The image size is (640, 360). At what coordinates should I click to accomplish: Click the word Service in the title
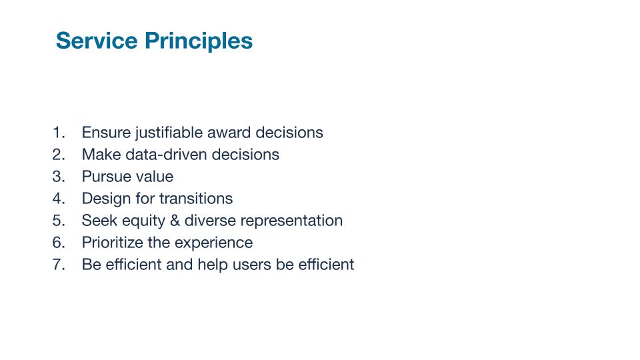pos(97,41)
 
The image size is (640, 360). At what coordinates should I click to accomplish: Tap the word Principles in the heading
pos(199,41)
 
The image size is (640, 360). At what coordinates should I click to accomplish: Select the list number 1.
pos(59,133)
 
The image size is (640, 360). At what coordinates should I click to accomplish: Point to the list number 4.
pos(59,199)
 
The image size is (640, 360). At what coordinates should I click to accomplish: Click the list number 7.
pos(59,265)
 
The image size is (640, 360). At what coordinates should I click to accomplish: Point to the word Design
pos(106,199)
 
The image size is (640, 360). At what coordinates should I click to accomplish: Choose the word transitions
pos(196,199)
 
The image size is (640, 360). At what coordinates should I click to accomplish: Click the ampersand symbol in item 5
pos(175,221)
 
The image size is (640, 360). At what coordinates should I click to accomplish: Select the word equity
pos(144,221)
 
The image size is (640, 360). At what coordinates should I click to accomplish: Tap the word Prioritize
pos(113,243)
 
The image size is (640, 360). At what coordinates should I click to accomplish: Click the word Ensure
pos(106,133)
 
